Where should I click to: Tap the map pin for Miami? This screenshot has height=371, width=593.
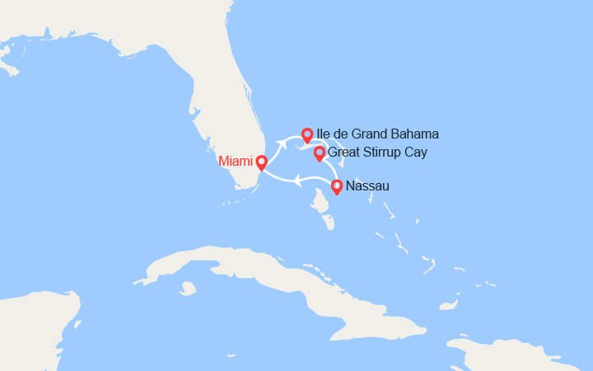tap(261, 162)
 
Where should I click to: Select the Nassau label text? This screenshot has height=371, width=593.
tap(368, 186)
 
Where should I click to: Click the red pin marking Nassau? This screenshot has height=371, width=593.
tap(337, 187)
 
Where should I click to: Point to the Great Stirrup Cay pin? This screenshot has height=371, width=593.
tap(319, 153)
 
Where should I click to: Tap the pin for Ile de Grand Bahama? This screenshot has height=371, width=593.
tap(307, 134)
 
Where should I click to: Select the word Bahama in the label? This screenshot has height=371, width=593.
tap(415, 134)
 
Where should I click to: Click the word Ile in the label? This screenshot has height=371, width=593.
tap(323, 134)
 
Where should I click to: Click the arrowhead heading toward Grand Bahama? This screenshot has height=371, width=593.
tap(281, 145)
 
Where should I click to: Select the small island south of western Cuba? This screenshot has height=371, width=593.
tap(188, 289)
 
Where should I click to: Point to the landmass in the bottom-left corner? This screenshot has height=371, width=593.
tap(33, 330)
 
